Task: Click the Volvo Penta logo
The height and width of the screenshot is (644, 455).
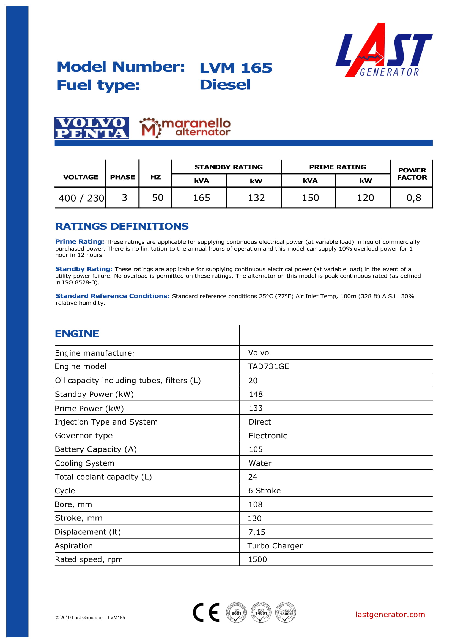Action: (92, 128)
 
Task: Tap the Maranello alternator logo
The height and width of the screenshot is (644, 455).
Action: (185, 128)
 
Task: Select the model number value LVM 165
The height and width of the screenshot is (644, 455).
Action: (236, 68)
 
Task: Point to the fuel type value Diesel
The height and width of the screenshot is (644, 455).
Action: (225, 85)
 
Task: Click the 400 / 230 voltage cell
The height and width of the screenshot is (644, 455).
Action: (81, 198)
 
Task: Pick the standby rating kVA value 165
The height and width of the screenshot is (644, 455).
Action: (201, 198)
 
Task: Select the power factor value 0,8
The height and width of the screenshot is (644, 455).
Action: (413, 198)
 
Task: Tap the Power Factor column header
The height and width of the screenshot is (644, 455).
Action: (412, 174)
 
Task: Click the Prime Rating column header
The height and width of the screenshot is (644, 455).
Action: (337, 167)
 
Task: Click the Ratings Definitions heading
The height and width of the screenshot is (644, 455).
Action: (122, 226)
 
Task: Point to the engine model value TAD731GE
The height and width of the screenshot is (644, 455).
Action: (268, 366)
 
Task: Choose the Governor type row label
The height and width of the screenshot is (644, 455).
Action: (84, 435)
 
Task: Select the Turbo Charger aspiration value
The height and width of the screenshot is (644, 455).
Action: (275, 545)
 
